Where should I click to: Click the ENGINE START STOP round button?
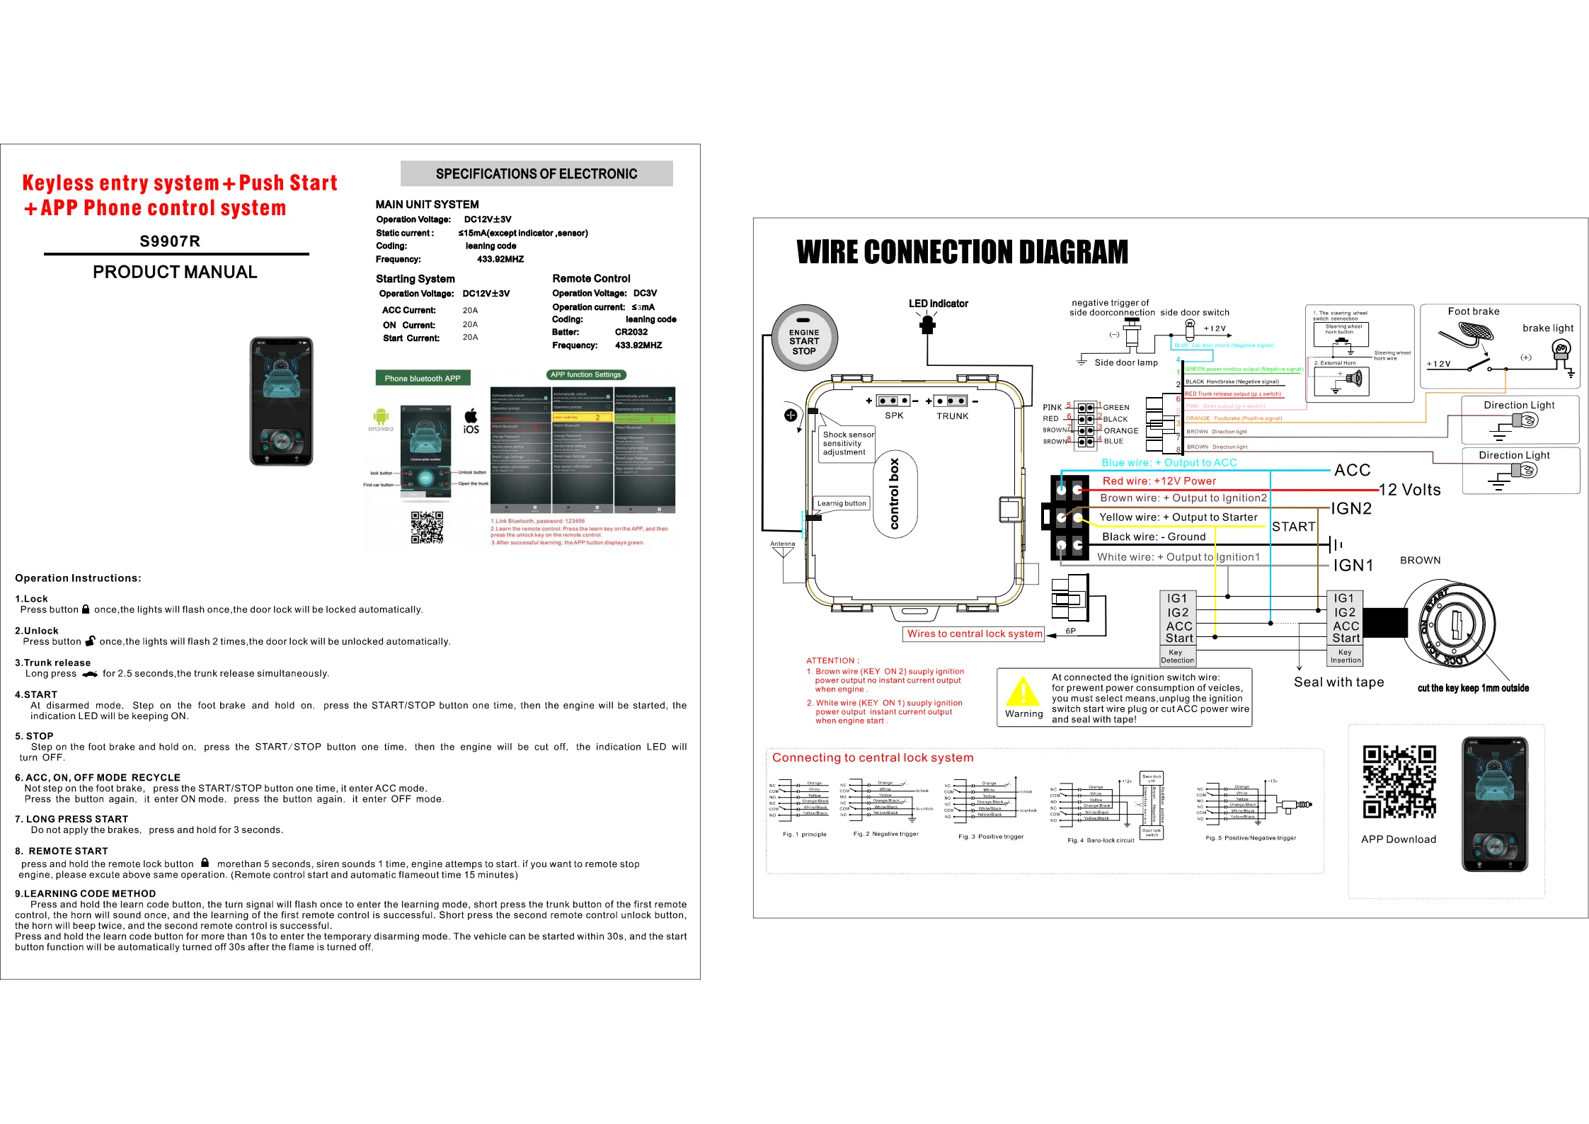804,338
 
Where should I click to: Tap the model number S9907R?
170,241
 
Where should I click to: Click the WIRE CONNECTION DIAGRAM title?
962,252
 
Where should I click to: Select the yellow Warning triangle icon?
1023,692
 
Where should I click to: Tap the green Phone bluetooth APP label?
423,378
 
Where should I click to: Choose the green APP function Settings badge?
585,374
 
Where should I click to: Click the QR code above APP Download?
1399,781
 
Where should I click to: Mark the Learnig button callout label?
841,503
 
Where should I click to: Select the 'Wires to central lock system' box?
975,633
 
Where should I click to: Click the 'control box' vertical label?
895,494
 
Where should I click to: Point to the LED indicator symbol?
927,324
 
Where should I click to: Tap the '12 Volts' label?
1409,490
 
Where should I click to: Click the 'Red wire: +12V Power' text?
1159,481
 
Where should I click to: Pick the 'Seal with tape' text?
1338,682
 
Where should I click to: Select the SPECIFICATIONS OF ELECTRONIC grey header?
537,173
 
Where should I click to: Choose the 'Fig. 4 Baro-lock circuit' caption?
1100,840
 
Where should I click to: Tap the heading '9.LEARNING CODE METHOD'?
86,894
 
